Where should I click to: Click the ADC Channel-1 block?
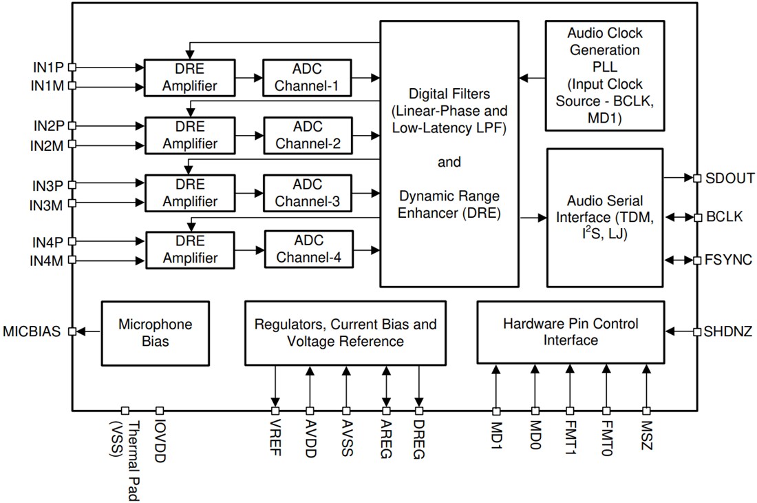point(307,78)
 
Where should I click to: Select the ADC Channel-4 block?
point(308,250)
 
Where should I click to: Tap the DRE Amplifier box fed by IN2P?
point(181,136)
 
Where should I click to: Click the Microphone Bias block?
point(155,332)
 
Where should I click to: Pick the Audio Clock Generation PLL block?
point(604,75)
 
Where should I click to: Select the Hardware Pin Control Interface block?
point(571,332)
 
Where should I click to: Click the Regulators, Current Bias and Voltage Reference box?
point(345,332)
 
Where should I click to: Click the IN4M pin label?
point(47,260)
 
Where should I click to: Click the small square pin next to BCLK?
point(697,217)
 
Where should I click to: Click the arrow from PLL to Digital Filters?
point(532,78)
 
